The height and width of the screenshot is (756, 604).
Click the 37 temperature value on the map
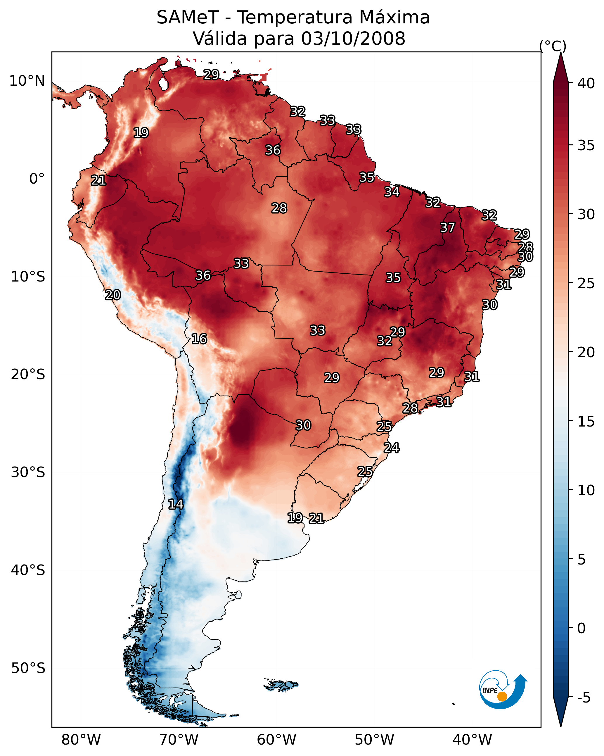(447, 227)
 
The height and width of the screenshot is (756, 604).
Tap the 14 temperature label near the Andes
(176, 504)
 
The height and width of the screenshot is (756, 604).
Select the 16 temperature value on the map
(199, 339)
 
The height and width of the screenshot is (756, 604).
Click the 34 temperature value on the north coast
(392, 192)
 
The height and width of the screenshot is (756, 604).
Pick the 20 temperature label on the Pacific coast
(113, 295)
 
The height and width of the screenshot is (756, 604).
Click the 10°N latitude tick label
(27, 81)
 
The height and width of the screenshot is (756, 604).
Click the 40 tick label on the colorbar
(586, 83)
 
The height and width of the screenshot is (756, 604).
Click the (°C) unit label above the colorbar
(553, 46)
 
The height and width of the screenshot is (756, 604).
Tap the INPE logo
(503, 690)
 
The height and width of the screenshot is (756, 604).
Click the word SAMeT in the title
(188, 17)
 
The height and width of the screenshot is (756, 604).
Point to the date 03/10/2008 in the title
(353, 38)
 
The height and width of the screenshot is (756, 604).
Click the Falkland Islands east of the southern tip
(281, 684)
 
